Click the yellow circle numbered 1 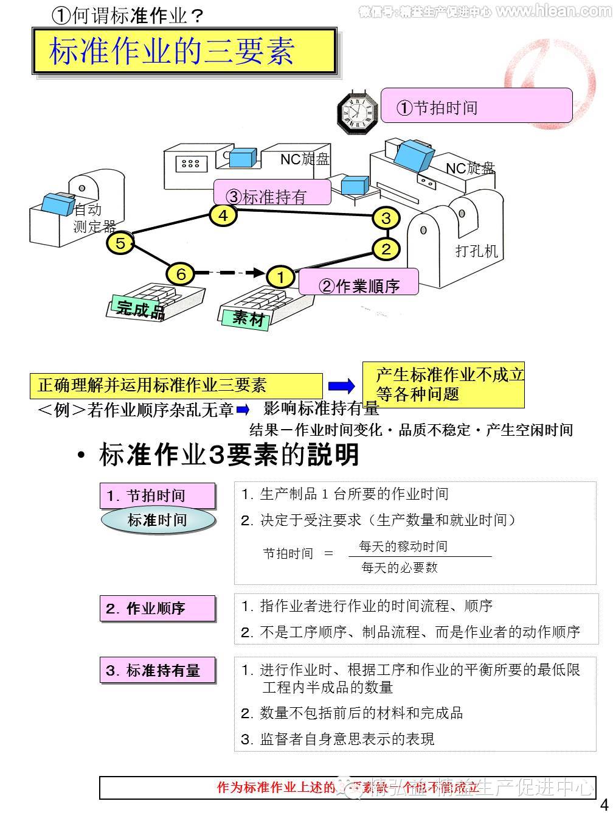[x=280, y=278]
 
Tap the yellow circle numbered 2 [x=386, y=248]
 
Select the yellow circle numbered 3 [x=386, y=218]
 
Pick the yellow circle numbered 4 [x=223, y=215]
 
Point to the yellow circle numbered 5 [x=120, y=243]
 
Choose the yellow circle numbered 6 [x=181, y=274]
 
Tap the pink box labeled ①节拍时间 [x=476, y=106]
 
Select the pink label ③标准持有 [x=272, y=194]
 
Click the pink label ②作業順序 [x=359, y=283]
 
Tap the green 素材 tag [x=249, y=317]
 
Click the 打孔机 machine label [x=476, y=251]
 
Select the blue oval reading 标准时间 [x=158, y=520]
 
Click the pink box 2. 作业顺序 [x=158, y=609]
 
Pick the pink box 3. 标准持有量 [x=158, y=671]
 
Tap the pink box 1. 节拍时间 [x=158, y=496]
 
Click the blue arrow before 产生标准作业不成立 [x=341, y=386]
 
